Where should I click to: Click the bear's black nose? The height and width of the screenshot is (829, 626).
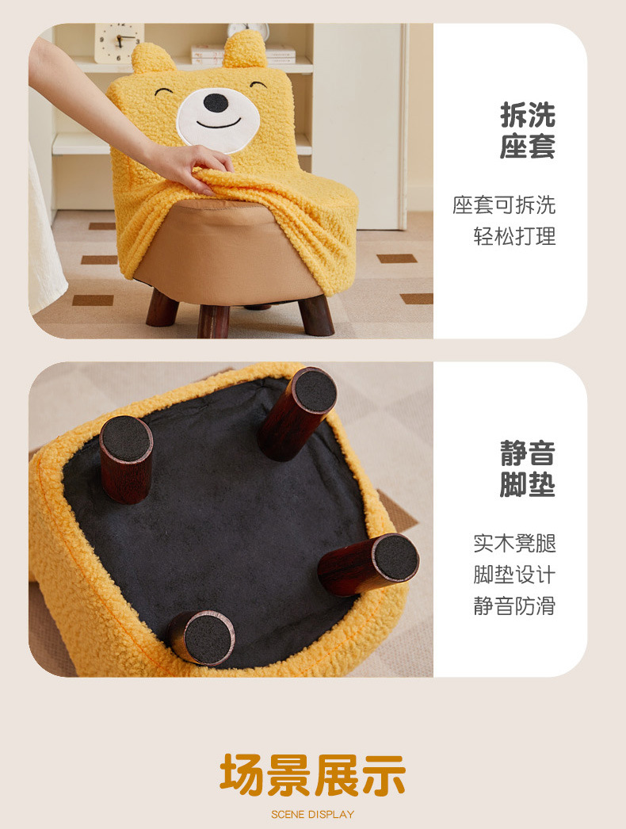click(x=216, y=102)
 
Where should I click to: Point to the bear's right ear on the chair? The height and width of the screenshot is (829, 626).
click(x=245, y=49)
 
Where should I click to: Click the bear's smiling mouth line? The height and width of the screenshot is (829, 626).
click(x=219, y=124)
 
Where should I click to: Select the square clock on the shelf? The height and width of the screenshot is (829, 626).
click(x=119, y=42)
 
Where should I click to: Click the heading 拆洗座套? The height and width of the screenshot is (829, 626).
click(x=528, y=131)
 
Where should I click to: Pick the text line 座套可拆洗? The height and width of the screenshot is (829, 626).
click(x=504, y=205)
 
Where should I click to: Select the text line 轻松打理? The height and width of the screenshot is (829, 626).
click(x=514, y=236)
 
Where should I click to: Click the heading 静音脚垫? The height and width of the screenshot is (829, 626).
click(x=528, y=469)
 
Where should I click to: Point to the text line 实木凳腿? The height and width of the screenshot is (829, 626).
click(x=514, y=544)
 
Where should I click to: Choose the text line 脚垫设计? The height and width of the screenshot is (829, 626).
click(x=514, y=575)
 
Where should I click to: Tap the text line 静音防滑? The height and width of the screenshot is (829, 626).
click(x=514, y=606)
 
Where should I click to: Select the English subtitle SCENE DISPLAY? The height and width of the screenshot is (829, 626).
click(x=313, y=815)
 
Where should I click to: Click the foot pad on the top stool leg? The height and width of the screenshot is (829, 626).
click(x=315, y=390)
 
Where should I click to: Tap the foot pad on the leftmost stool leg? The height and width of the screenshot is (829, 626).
click(x=126, y=439)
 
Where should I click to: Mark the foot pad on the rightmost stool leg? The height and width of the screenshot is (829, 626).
click(x=396, y=557)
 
